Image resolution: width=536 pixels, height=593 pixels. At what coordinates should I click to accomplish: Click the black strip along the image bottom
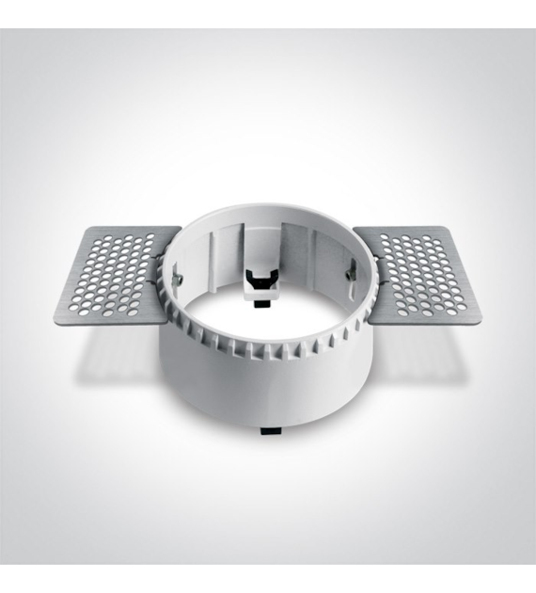point(268,579)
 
